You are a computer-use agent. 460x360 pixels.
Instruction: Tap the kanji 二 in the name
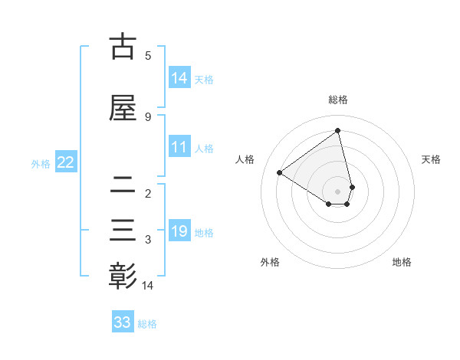tap(123, 185)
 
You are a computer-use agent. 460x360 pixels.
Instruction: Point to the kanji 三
tap(123, 231)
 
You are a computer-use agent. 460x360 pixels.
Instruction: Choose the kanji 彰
tap(123, 277)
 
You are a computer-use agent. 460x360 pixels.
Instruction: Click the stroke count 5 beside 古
tap(148, 55)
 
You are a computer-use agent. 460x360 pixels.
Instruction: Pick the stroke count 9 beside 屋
tap(148, 116)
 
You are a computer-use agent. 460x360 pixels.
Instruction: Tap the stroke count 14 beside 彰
tap(149, 285)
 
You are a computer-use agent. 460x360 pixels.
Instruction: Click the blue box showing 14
tap(179, 78)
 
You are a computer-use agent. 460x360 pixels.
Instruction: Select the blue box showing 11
tap(179, 147)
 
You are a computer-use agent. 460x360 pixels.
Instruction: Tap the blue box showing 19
tap(179, 231)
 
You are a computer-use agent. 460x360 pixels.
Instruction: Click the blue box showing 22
tap(65, 162)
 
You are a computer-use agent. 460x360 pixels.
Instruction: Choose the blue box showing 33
tap(122, 322)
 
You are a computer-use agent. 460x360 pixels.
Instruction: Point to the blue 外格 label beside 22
tap(41, 163)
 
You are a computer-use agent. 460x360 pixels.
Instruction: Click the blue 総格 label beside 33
tap(147, 324)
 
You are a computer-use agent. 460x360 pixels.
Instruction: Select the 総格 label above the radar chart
tap(338, 100)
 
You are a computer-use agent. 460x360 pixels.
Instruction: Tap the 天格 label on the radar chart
tap(432, 159)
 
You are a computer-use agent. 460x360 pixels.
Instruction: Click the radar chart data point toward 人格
tap(280, 172)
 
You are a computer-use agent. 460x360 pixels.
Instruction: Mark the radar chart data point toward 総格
tap(338, 131)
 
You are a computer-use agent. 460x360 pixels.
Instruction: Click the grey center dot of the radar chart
tap(338, 191)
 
